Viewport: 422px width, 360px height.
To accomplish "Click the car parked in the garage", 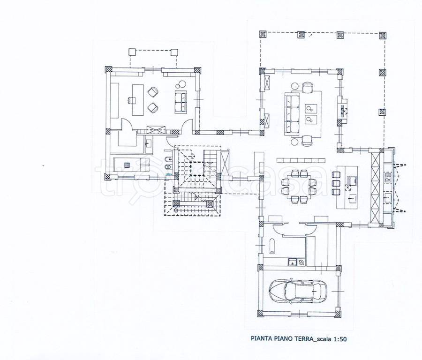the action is click(298, 292).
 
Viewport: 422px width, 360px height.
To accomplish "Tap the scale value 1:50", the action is click(340, 339).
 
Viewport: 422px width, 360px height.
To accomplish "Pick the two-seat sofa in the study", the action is click(181, 102).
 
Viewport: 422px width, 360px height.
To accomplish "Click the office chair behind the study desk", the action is click(131, 101).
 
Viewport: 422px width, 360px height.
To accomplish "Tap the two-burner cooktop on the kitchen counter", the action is click(388, 178).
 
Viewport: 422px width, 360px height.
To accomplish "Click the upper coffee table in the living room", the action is click(311, 108).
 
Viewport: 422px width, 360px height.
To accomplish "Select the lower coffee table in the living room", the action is click(311, 120).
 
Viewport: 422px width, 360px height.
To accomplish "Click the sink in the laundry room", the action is click(292, 262).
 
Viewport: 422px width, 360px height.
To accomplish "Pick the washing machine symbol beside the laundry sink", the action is click(301, 262).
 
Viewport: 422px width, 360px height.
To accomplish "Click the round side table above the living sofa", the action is click(295, 86).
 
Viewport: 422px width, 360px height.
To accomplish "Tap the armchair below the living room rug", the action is click(307, 139).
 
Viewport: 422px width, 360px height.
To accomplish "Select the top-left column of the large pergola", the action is click(263, 34).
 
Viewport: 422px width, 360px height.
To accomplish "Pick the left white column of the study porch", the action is click(132, 52).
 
